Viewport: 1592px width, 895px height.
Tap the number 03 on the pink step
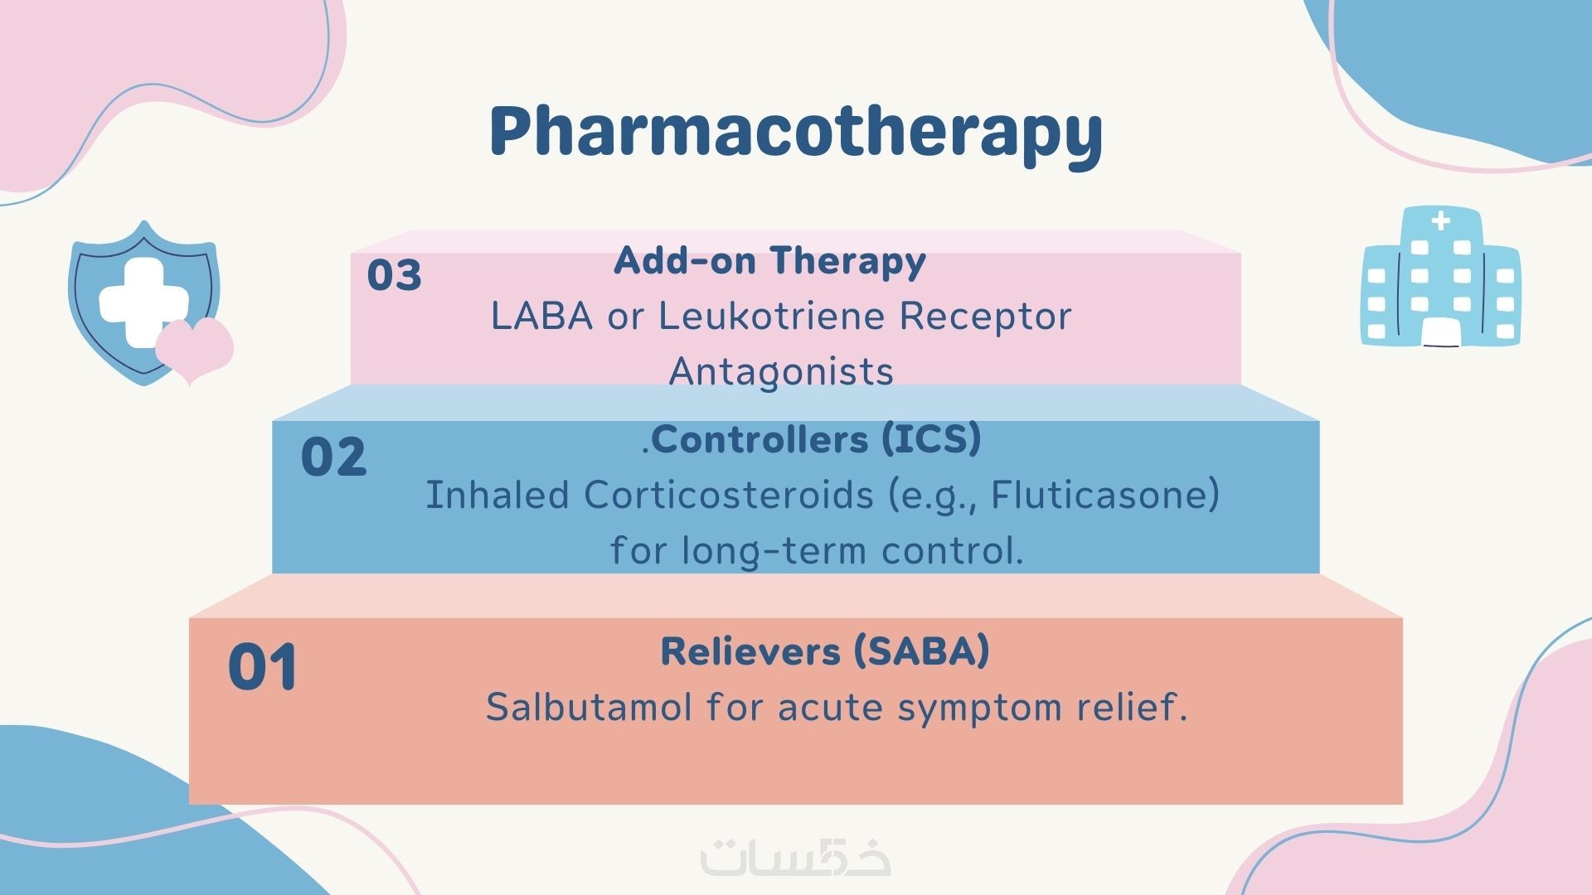[x=395, y=275]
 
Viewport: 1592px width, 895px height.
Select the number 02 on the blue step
[x=333, y=457]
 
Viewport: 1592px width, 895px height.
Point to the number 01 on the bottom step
[x=263, y=667]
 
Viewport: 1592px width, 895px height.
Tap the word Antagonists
[x=781, y=371]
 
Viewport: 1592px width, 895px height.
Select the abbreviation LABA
[x=542, y=316]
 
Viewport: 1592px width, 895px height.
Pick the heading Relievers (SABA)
[x=825, y=651]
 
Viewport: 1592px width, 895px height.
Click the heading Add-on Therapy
[x=769, y=260]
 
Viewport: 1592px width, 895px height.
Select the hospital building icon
[x=1441, y=276]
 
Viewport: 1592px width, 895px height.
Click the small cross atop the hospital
[x=1441, y=220]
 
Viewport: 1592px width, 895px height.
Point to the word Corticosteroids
[x=729, y=496]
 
